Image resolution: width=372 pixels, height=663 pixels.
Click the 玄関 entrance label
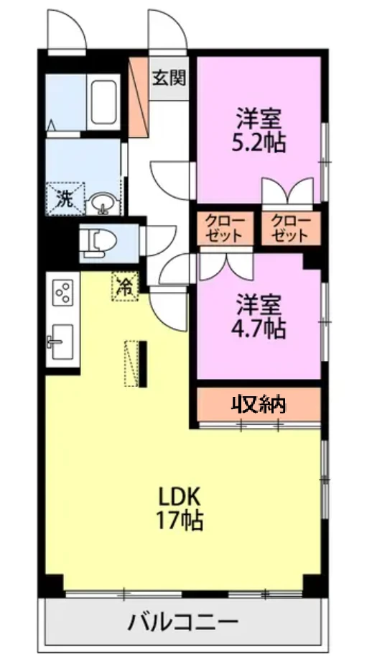(169, 78)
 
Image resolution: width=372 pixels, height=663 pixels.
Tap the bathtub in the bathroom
(103, 102)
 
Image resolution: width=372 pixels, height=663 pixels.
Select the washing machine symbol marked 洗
(65, 198)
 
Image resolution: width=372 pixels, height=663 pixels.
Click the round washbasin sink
(102, 203)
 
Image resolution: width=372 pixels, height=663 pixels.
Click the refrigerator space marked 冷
(125, 286)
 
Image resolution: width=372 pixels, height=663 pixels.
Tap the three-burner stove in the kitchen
(62, 292)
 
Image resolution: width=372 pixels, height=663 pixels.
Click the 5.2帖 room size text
(258, 143)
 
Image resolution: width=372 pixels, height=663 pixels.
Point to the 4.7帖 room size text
(258, 328)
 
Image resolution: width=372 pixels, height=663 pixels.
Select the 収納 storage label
(259, 405)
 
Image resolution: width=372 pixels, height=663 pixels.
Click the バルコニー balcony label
(183, 621)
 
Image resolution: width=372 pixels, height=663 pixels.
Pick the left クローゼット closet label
(225, 229)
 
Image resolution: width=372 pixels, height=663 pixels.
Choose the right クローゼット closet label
(292, 229)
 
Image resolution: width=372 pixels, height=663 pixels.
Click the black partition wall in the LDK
(143, 364)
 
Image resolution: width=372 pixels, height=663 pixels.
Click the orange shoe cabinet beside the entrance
(139, 97)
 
